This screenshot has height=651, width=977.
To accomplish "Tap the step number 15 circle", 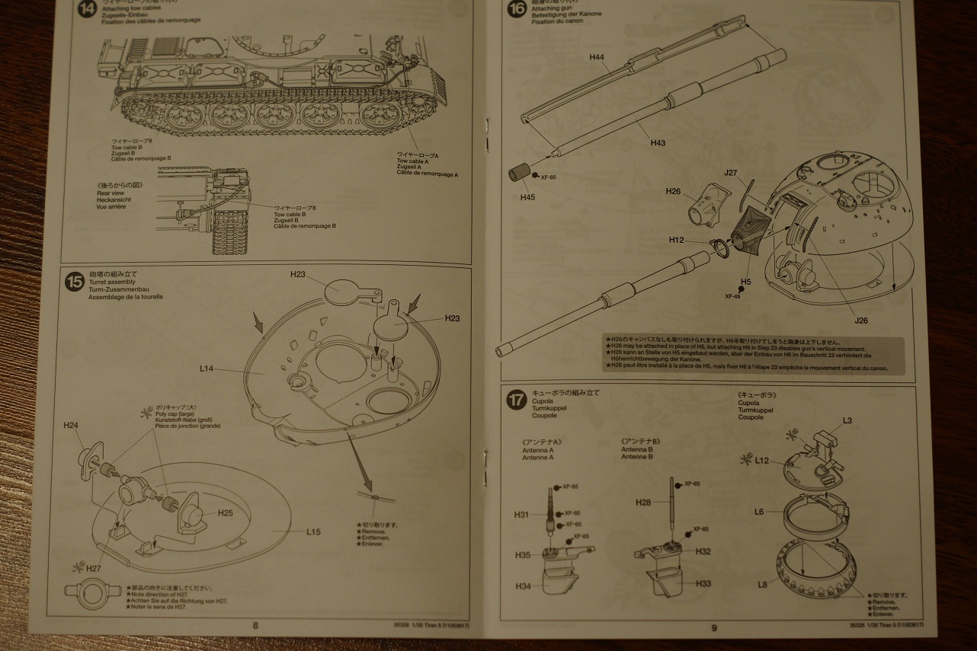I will coord(75,282).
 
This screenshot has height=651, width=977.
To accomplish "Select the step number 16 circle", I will coord(517,9).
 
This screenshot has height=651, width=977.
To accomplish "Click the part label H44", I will coord(597,57).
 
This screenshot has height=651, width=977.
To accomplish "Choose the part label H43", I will coord(658,142).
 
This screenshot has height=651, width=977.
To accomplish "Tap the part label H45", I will coord(528,197).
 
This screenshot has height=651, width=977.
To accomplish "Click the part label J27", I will coord(731,172).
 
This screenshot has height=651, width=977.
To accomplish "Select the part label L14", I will coord(207,369).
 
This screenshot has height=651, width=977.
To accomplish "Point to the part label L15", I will coord(313,531).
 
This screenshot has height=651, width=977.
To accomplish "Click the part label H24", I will coord(72,425).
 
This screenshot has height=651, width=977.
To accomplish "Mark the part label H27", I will coord(94,568).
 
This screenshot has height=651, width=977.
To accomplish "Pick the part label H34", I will coord(523,586).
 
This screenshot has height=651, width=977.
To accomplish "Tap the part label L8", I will coord(762,584).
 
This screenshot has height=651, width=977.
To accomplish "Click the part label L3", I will coord(847,420).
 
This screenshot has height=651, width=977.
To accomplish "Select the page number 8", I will coord(255,626).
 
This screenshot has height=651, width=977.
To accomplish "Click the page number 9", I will coord(714,627).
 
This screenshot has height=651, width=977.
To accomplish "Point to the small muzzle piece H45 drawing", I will coord(520,173).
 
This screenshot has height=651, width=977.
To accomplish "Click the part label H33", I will coord(703,583).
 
